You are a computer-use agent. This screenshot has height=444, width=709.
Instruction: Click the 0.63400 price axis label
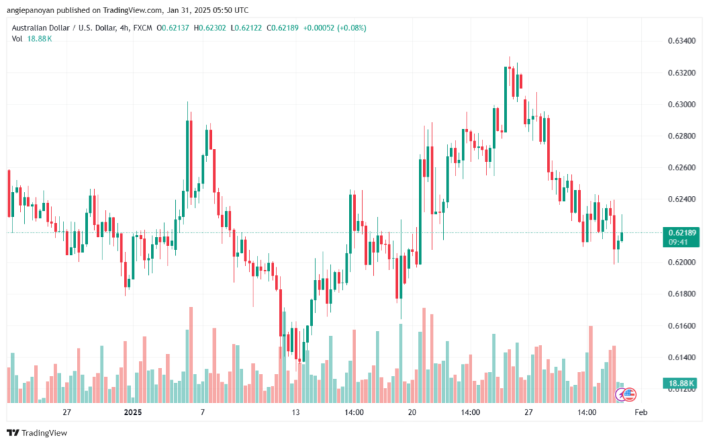tap(682, 41)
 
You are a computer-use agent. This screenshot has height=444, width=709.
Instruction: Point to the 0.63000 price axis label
tap(682, 104)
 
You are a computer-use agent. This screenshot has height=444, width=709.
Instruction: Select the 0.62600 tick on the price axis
tap(682, 168)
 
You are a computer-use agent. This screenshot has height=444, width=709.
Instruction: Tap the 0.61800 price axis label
tap(682, 294)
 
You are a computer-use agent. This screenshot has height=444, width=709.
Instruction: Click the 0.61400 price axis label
tap(682, 357)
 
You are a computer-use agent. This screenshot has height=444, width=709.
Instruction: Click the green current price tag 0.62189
tap(682, 232)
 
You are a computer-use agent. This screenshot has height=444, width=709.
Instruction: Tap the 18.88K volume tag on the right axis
tap(682, 382)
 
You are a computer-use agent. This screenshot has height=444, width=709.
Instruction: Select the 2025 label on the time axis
tap(132, 412)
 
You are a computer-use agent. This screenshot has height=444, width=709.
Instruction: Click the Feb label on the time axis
tap(640, 412)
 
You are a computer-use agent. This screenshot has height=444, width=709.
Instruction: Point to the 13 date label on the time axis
tap(296, 412)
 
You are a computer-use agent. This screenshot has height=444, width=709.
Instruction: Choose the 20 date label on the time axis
tap(413, 412)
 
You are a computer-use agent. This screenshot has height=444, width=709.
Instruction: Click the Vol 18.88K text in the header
tap(32, 39)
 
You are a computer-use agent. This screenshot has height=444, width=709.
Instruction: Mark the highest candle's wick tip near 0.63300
tap(510, 57)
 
